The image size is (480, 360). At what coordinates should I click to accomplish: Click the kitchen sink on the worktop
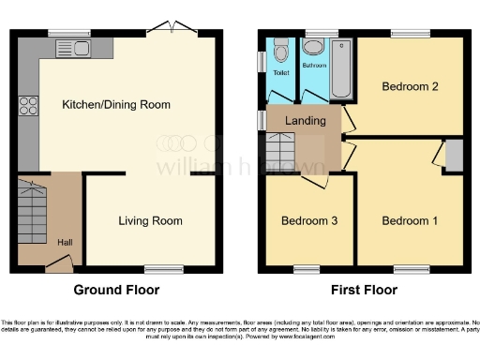[74, 48]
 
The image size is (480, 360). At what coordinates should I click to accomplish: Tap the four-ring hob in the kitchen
[27, 105]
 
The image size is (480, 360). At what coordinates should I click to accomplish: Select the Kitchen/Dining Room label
[116, 104]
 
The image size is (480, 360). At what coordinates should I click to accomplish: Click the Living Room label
[150, 221]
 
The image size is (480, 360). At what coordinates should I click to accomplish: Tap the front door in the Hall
[59, 267]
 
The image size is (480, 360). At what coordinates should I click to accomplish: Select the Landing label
[307, 121]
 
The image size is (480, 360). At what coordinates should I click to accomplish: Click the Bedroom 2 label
[411, 86]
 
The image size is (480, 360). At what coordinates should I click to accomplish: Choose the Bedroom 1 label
[410, 221]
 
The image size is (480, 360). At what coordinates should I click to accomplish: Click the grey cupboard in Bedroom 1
[454, 156]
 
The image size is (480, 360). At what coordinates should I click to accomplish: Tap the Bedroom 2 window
[410, 35]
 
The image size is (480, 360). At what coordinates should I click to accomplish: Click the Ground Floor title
[116, 291]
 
